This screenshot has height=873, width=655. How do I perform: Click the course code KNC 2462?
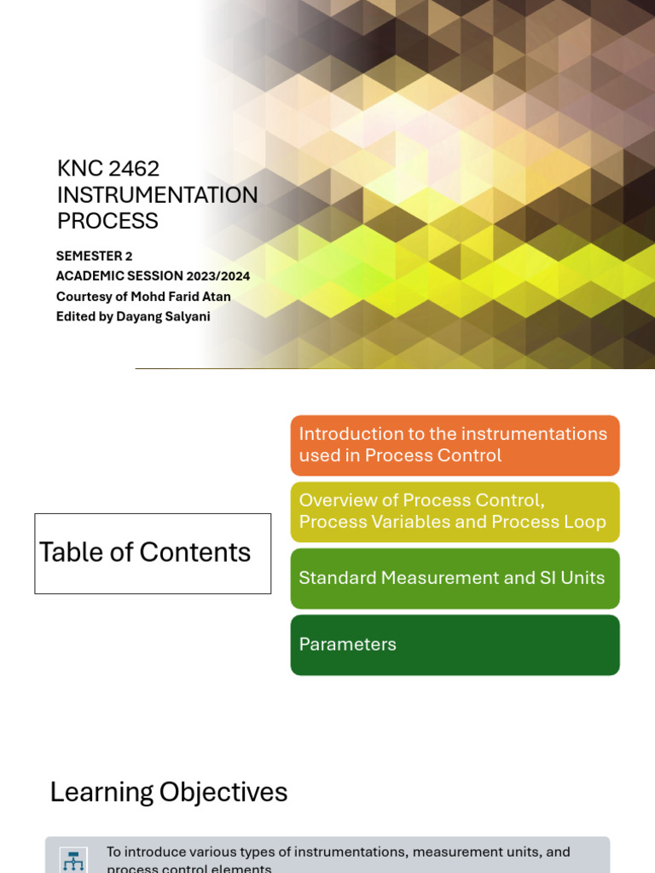click(x=108, y=169)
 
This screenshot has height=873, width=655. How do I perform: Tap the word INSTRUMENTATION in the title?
click(x=157, y=195)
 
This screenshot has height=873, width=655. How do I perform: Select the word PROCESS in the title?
click(x=107, y=221)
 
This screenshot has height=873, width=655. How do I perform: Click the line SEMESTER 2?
click(x=94, y=256)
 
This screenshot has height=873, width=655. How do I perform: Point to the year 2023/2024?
click(x=218, y=276)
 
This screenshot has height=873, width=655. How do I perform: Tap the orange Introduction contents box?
click(x=455, y=445)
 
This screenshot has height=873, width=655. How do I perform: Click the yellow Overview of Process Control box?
click(x=455, y=512)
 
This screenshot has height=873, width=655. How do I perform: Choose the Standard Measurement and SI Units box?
click(x=455, y=578)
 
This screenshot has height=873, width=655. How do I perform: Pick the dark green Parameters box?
click(x=455, y=645)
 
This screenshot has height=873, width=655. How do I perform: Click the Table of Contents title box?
click(x=153, y=553)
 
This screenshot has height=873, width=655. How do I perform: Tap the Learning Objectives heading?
click(x=169, y=793)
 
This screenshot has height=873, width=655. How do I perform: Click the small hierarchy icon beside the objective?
click(x=73, y=860)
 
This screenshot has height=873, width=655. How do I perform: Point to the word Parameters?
click(x=347, y=645)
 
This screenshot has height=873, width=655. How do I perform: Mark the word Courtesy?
click(x=84, y=297)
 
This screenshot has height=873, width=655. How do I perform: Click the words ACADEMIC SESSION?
click(x=119, y=276)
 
